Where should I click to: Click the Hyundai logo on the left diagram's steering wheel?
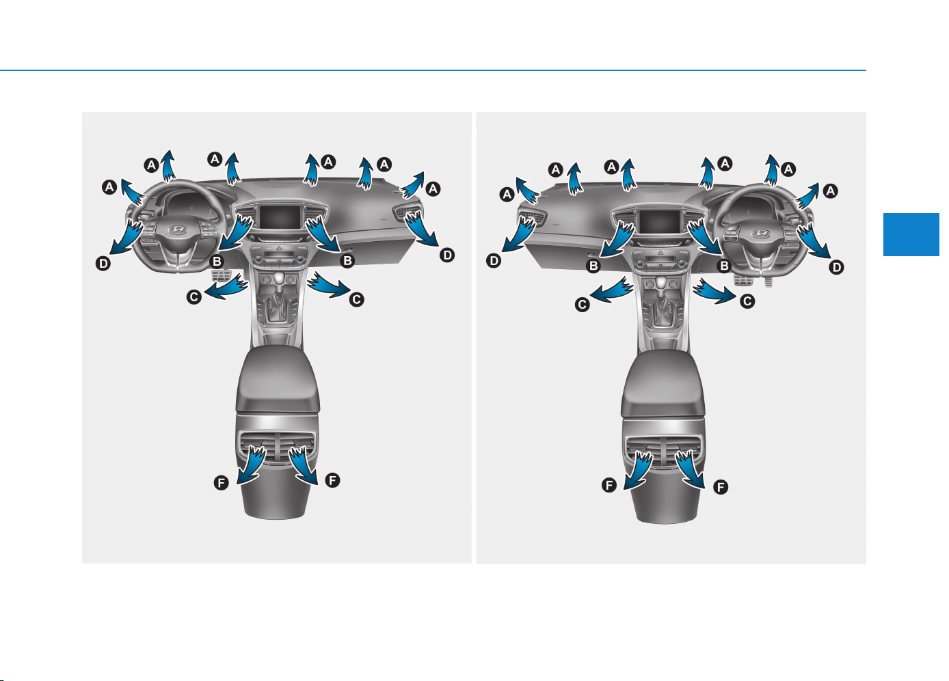coord(178,230)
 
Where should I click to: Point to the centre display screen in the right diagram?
coord(660,222)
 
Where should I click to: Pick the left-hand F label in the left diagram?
coord(221,483)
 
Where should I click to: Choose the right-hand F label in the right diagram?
coord(721,487)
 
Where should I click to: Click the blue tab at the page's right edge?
coord(911,234)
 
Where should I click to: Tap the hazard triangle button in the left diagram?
coord(280,249)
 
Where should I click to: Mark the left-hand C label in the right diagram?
coord(583,305)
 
